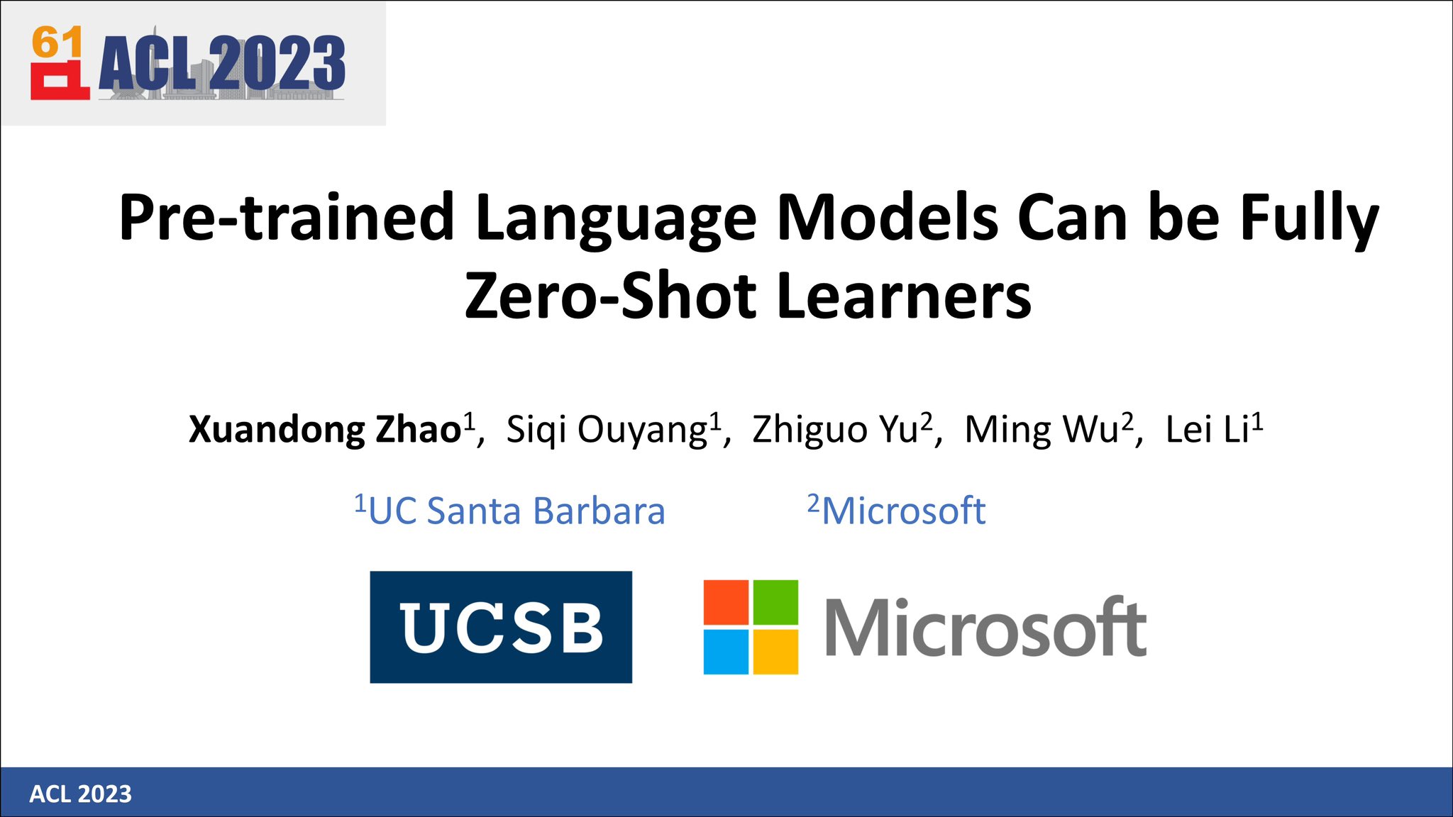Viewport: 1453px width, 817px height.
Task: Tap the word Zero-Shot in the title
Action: point(611,296)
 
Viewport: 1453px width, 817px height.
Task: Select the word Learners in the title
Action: point(904,296)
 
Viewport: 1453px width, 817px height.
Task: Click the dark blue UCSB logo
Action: point(501,627)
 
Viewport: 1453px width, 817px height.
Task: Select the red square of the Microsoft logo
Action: point(726,602)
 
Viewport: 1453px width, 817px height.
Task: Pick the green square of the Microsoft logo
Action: point(775,602)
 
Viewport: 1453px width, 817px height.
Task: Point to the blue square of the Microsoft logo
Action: point(726,651)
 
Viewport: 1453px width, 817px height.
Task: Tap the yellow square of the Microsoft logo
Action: point(775,651)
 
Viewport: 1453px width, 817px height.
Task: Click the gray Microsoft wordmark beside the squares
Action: point(985,628)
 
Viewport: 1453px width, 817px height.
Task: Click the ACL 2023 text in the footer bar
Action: point(80,794)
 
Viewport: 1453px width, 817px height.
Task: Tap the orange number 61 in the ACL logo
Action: point(57,43)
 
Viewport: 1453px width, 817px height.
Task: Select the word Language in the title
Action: point(616,218)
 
